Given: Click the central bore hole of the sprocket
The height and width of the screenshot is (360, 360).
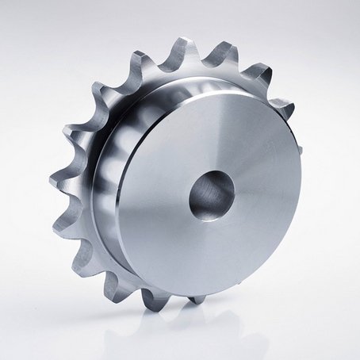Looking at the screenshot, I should (x=212, y=193).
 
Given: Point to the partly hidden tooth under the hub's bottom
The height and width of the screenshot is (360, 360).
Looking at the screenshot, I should (x=195, y=299).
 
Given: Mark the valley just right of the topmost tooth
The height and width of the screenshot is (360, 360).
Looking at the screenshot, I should (x=205, y=63).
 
